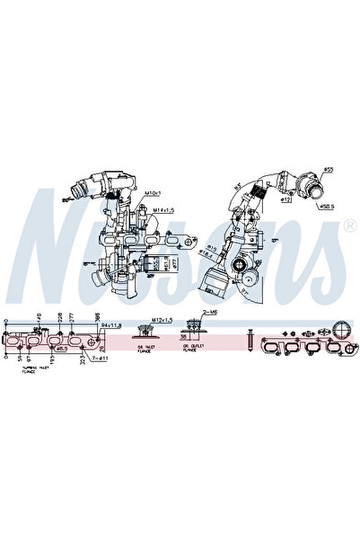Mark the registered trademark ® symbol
[347, 217]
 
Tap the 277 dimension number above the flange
[71, 319]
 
